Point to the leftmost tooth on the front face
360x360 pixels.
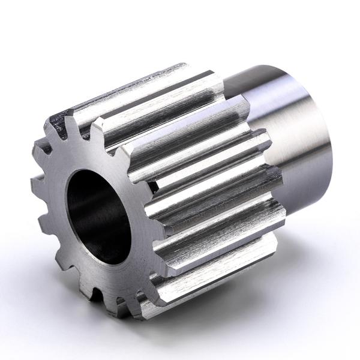click(37, 180)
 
